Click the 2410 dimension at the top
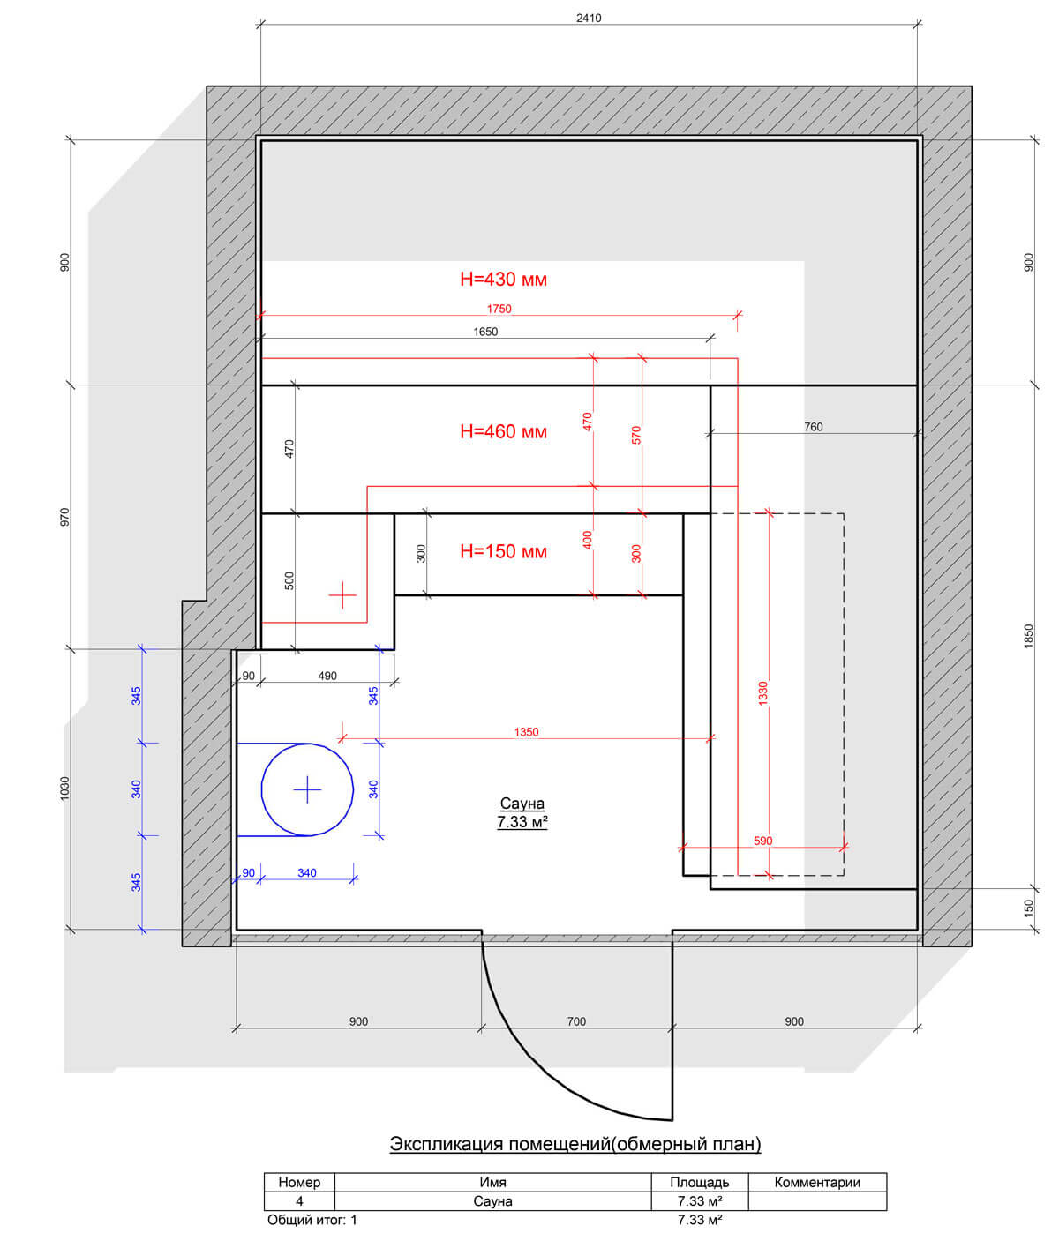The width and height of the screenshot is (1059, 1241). pyautogui.click(x=588, y=18)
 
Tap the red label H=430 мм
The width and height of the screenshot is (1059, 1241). pyautogui.click(x=503, y=280)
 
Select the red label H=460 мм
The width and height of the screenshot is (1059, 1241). pyautogui.click(x=503, y=431)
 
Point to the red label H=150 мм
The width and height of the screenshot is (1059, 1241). pyautogui.click(x=503, y=552)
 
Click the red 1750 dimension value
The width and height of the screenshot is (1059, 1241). pyautogui.click(x=499, y=309)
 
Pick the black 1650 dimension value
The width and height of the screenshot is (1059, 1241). pyautogui.click(x=485, y=332)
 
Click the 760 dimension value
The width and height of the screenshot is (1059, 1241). pyautogui.click(x=814, y=427)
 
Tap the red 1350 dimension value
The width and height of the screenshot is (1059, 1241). pyautogui.click(x=526, y=732)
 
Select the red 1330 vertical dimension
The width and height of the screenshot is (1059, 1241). pyautogui.click(x=762, y=693)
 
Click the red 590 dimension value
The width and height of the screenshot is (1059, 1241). pyautogui.click(x=762, y=841)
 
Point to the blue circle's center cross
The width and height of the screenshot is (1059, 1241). pyautogui.click(x=307, y=789)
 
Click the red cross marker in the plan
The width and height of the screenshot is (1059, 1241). pyautogui.click(x=342, y=595)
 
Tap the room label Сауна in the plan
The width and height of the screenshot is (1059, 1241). pyautogui.click(x=522, y=804)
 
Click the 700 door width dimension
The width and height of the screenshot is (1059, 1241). pyautogui.click(x=576, y=1021)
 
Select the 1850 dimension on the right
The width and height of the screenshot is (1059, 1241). pyautogui.click(x=1029, y=637)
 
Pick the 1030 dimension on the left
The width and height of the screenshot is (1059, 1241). pyautogui.click(x=65, y=789)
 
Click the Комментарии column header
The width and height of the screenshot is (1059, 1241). pyautogui.click(x=817, y=1182)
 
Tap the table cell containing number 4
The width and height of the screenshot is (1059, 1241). pyautogui.click(x=299, y=1200)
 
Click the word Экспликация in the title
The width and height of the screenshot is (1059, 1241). pyautogui.click(x=446, y=1144)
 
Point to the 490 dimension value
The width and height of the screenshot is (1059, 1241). pyautogui.click(x=327, y=676)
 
